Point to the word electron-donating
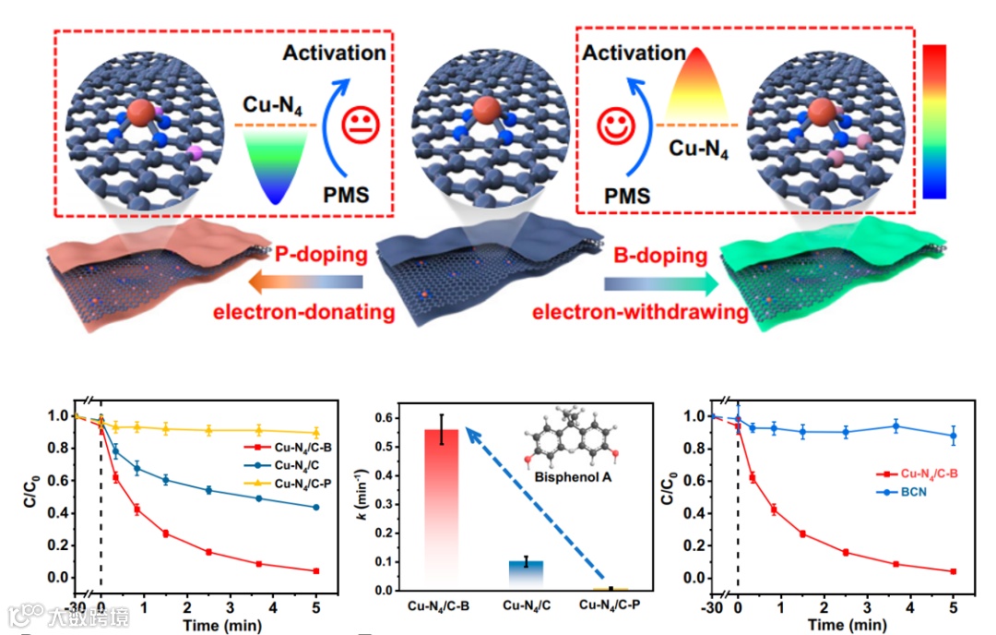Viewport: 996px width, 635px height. pyautogui.click(x=303, y=312)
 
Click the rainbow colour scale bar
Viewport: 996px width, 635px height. pyautogui.click(x=934, y=121)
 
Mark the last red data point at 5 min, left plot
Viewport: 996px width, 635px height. pyautogui.click(x=315, y=571)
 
